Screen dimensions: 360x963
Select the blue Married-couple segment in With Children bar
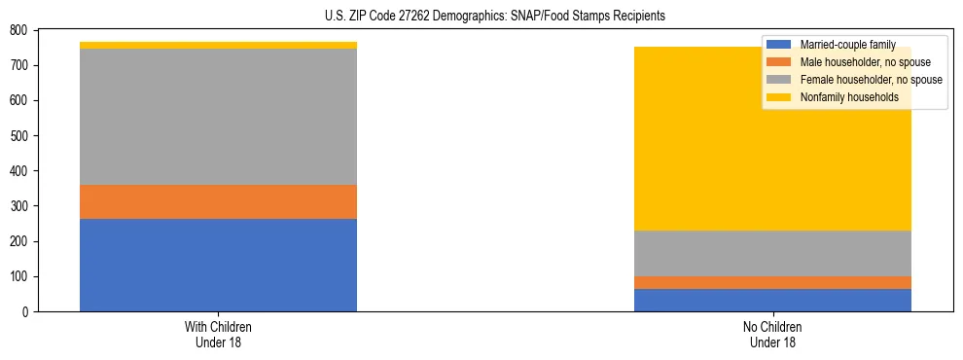218,265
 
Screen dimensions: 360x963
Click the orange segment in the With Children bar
218,201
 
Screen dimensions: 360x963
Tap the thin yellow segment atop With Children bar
218,45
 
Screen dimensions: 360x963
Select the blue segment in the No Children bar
772,300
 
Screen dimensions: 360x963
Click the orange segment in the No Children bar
772,282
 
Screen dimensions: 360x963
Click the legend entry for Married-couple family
845,45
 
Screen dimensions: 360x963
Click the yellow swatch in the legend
779,97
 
